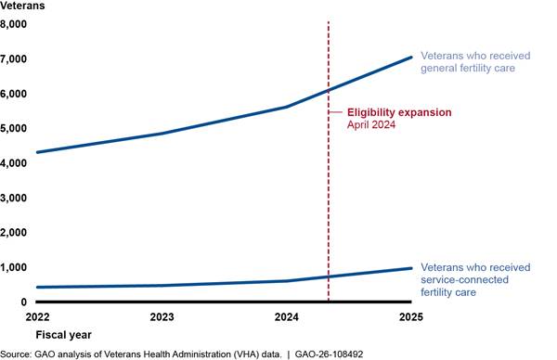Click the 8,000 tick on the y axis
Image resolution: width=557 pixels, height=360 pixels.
tap(13, 24)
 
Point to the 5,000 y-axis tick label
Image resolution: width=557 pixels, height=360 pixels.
tap(13, 128)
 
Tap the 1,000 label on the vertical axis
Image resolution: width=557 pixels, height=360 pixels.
tap(13, 267)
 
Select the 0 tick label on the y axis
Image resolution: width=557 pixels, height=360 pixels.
tap(23, 302)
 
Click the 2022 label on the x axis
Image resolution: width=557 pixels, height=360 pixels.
tap(37, 316)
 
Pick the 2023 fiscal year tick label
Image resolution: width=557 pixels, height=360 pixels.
tap(162, 316)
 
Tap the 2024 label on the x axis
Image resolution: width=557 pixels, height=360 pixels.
tap(286, 316)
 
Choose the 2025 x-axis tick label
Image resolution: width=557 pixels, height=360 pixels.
tap(411, 316)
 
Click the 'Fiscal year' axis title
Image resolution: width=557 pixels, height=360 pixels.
tap(63, 335)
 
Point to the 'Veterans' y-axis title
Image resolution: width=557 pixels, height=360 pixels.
tap(22, 6)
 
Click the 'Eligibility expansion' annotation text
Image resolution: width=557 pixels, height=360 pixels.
tap(399, 112)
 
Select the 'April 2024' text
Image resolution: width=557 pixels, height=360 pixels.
tap(371, 124)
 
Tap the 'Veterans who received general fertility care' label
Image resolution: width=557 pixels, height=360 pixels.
tap(475, 62)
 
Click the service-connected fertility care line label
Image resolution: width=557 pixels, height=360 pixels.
tap(475, 280)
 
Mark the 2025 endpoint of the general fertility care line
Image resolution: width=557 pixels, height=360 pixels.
tap(411, 58)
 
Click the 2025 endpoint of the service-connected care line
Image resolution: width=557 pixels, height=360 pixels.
tap(411, 268)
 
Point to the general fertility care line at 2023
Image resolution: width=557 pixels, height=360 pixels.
tap(162, 134)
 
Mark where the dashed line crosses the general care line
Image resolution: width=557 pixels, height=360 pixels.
tap(329, 91)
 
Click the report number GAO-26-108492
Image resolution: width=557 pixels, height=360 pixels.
tap(329, 354)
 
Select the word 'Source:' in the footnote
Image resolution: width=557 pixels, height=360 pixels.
tap(16, 354)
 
